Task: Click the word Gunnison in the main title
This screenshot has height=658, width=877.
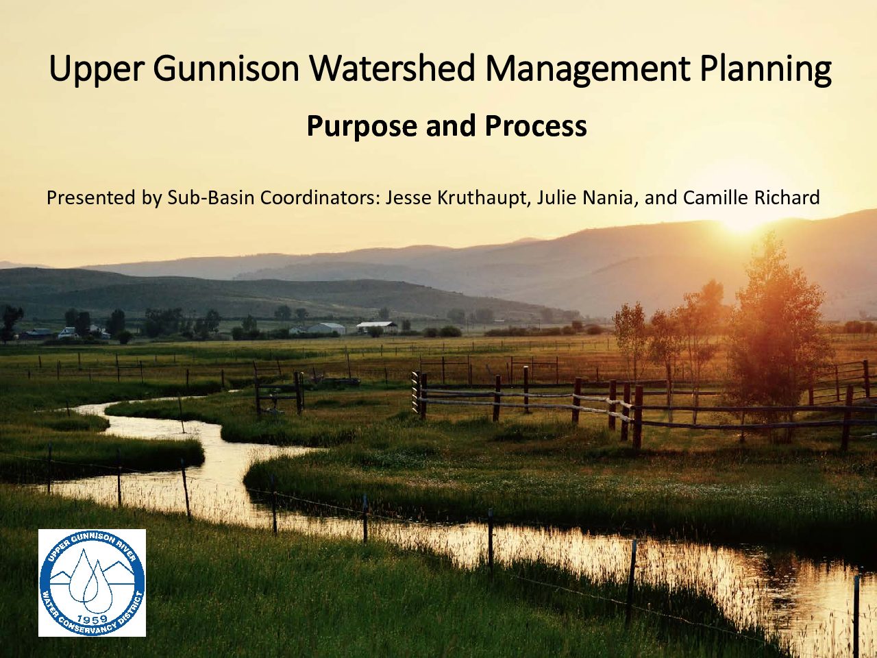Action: point(225,69)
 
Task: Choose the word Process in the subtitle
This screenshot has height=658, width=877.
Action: point(536,125)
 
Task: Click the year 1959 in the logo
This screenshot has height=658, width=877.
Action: point(92,619)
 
